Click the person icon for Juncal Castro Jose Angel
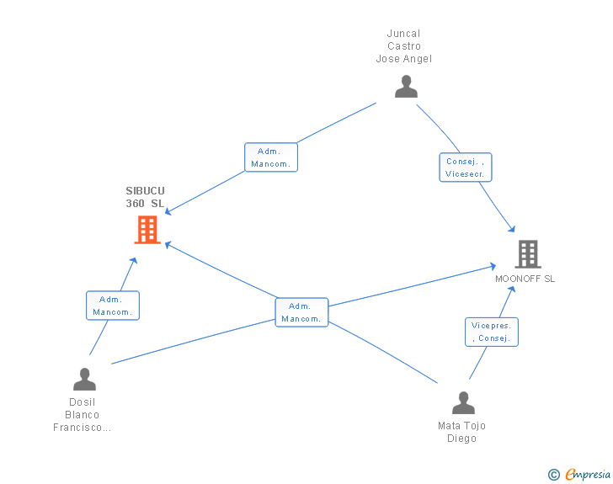(406, 87)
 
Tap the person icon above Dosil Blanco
(84, 380)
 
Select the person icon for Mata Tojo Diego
(463, 402)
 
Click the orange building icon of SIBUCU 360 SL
(147, 230)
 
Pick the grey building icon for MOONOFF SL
(528, 254)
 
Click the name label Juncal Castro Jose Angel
(404, 46)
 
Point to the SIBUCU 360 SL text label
(145, 197)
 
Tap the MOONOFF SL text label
(525, 279)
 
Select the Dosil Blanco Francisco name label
(83, 415)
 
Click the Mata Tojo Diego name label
(461, 432)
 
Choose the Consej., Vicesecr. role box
(466, 168)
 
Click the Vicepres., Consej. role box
(492, 332)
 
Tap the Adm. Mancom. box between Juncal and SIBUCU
(271, 157)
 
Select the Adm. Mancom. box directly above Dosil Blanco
(113, 306)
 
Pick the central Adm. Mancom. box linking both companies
(301, 312)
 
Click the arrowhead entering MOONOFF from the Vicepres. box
(511, 290)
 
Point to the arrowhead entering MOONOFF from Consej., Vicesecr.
(512, 229)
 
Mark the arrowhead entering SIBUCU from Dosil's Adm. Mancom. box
(134, 261)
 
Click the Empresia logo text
(588, 474)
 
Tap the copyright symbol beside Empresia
(554, 475)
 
